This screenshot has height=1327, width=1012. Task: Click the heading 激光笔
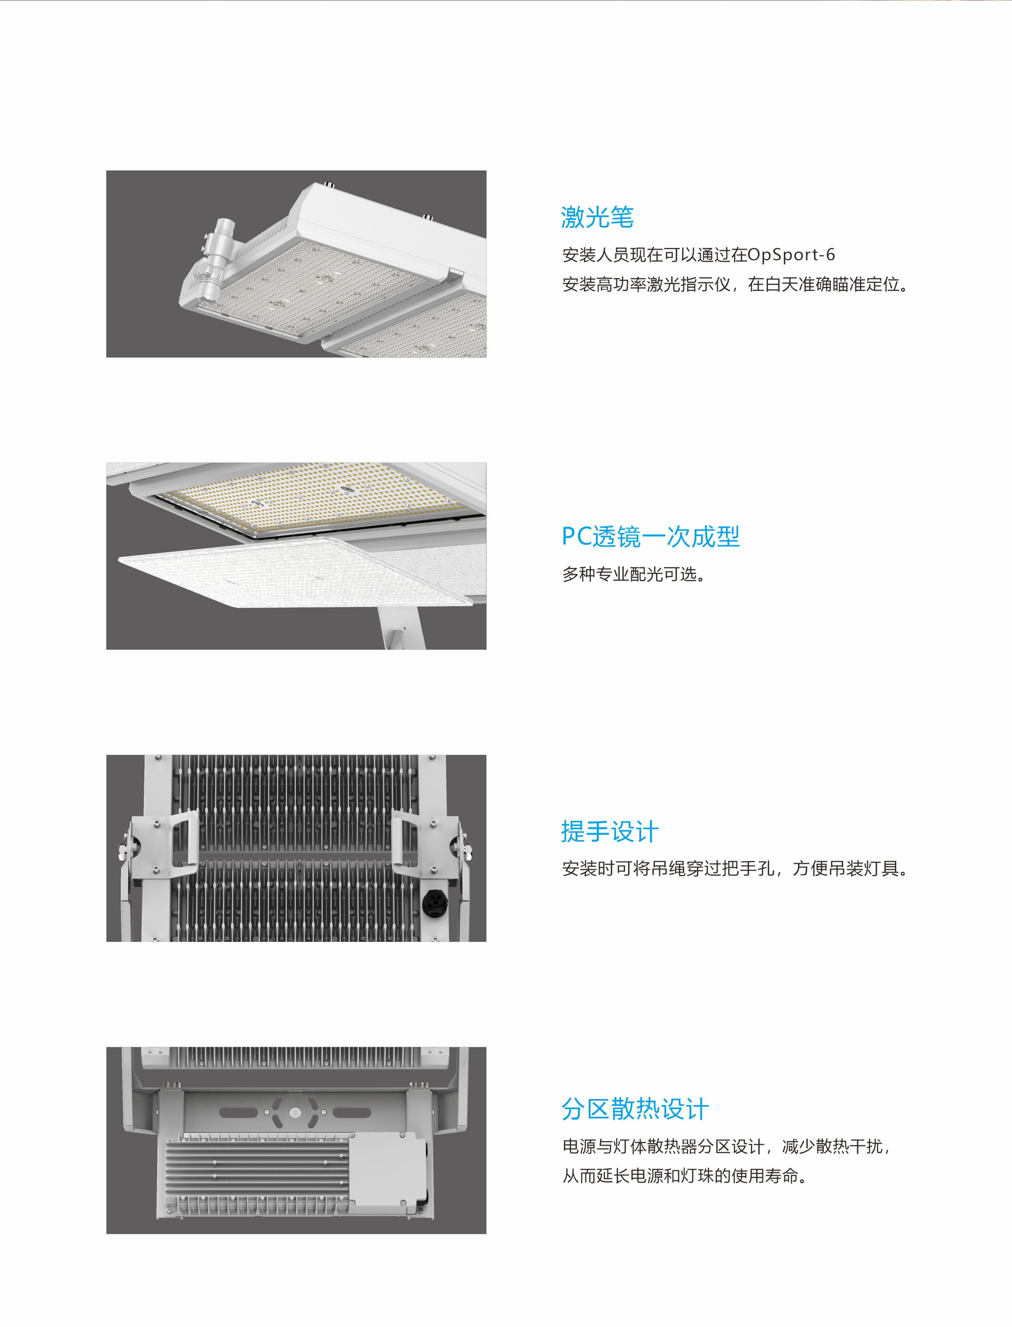(x=597, y=217)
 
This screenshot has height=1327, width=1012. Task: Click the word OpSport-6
(x=791, y=255)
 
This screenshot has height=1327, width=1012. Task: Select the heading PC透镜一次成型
(x=650, y=536)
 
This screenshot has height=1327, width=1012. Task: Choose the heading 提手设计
(x=610, y=831)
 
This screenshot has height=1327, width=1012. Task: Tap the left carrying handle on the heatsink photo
(x=184, y=840)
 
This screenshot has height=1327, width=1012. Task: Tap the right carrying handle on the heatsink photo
(x=406, y=840)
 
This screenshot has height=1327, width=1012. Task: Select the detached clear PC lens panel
(x=295, y=572)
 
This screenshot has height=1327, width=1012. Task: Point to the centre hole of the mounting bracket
(x=295, y=1113)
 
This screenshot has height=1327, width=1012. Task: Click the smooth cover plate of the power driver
(x=389, y=1171)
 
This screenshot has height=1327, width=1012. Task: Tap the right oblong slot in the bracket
(x=352, y=1113)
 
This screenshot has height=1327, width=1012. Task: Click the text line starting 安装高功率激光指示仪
(x=736, y=284)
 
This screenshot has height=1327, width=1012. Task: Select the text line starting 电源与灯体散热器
(x=726, y=1147)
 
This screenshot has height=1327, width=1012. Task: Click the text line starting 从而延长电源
(x=685, y=1176)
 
